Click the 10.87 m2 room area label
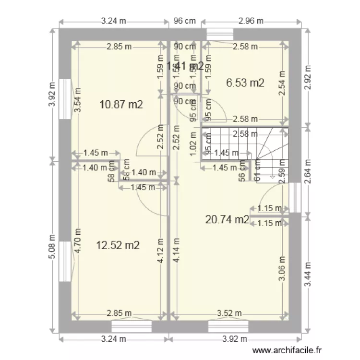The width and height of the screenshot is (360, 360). coord(121,104)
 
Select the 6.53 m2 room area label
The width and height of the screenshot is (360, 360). coord(245,83)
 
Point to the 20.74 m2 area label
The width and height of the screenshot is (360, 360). coord(227,220)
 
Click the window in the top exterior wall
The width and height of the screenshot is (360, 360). coord(219,34)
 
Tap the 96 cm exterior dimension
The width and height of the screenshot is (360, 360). coord(185,21)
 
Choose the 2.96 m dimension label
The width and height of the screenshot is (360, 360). coord(251,21)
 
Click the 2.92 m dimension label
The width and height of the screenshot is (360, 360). coord(308,77)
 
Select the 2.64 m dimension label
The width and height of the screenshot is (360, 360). coord(308,171)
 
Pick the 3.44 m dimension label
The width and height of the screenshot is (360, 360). coord(308,274)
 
